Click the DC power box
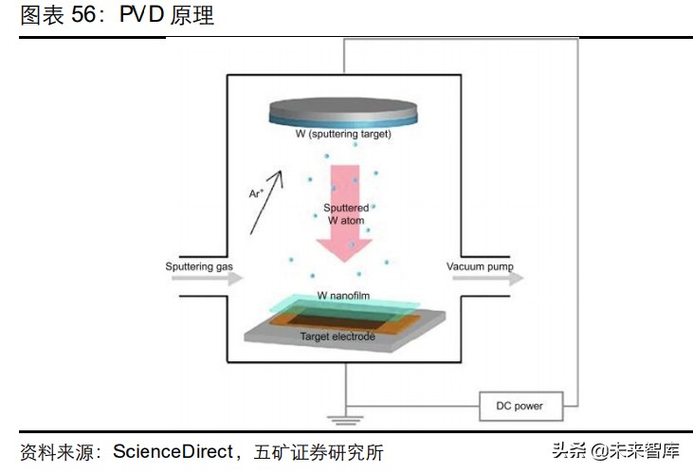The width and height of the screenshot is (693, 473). click(x=520, y=406)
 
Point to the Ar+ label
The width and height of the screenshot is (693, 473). click(x=256, y=193)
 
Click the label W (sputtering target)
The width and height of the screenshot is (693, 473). click(x=342, y=135)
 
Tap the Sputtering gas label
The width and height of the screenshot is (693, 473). click(x=199, y=267)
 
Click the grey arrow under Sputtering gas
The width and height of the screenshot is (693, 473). click(x=204, y=280)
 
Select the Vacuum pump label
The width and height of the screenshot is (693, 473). click(x=480, y=267)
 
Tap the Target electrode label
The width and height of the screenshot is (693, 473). click(x=337, y=337)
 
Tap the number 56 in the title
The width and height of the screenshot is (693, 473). click(x=86, y=16)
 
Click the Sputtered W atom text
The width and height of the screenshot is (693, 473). click(x=344, y=213)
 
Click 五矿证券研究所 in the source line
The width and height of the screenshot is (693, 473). click(x=319, y=451)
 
